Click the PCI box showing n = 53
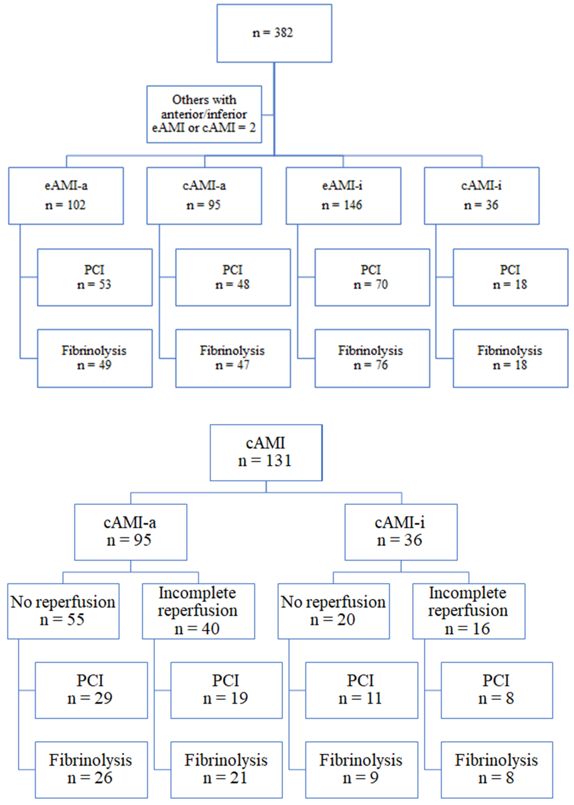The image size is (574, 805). coord(95,277)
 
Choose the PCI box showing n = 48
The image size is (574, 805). coord(233,277)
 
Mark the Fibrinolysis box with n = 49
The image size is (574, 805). coord(95,358)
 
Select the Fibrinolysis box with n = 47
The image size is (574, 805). coord(233,358)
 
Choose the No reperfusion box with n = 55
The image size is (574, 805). coord(63,611)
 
